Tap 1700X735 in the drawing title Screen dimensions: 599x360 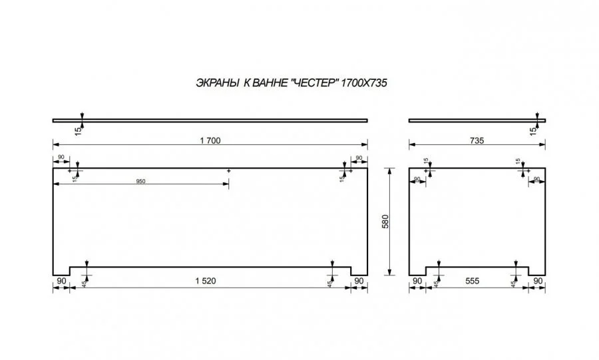(x=363, y=83)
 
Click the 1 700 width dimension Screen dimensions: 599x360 (x=210, y=140)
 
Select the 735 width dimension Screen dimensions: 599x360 (x=477, y=140)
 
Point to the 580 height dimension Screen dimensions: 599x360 (x=385, y=222)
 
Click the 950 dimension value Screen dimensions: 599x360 (x=140, y=182)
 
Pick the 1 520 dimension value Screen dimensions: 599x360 (x=206, y=281)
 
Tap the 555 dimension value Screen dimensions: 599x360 (x=472, y=281)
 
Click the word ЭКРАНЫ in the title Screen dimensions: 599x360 (x=218, y=83)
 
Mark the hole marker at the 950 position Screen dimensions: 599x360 (x=229, y=170)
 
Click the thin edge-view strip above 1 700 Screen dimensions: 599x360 (x=210, y=120)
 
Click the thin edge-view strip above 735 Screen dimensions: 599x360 (x=477, y=120)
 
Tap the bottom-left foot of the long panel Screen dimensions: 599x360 (x=61, y=271)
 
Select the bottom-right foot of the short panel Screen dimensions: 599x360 (x=537, y=271)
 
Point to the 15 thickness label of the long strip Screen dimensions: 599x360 (x=78, y=131)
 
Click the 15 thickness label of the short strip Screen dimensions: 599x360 (x=533, y=131)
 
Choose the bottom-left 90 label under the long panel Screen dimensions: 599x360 (x=61, y=281)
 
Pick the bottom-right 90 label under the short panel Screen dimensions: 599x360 (x=538, y=281)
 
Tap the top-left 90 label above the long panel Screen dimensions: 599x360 (x=61, y=157)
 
